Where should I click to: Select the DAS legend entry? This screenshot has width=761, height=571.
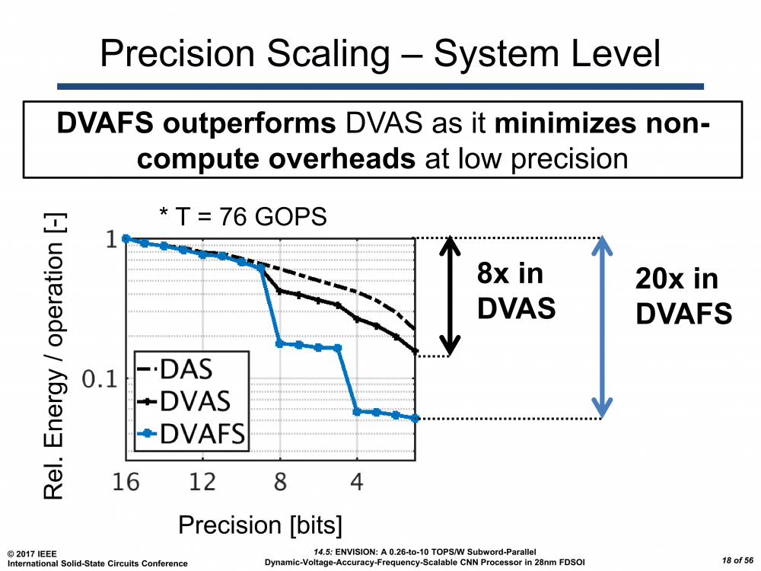[x=186, y=369]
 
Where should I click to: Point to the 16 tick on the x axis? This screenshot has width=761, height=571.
[x=126, y=483]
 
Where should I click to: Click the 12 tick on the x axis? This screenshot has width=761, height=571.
[x=203, y=483]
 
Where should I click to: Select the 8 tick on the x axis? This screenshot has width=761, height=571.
[x=280, y=483]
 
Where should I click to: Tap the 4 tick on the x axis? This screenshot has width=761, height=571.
[x=357, y=483]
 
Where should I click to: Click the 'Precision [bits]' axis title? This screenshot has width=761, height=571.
[x=260, y=525]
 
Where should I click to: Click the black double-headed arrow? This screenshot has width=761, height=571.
[x=449, y=297]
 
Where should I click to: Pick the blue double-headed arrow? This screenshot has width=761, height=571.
[x=602, y=327]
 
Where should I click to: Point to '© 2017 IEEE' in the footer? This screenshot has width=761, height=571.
[x=30, y=553]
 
